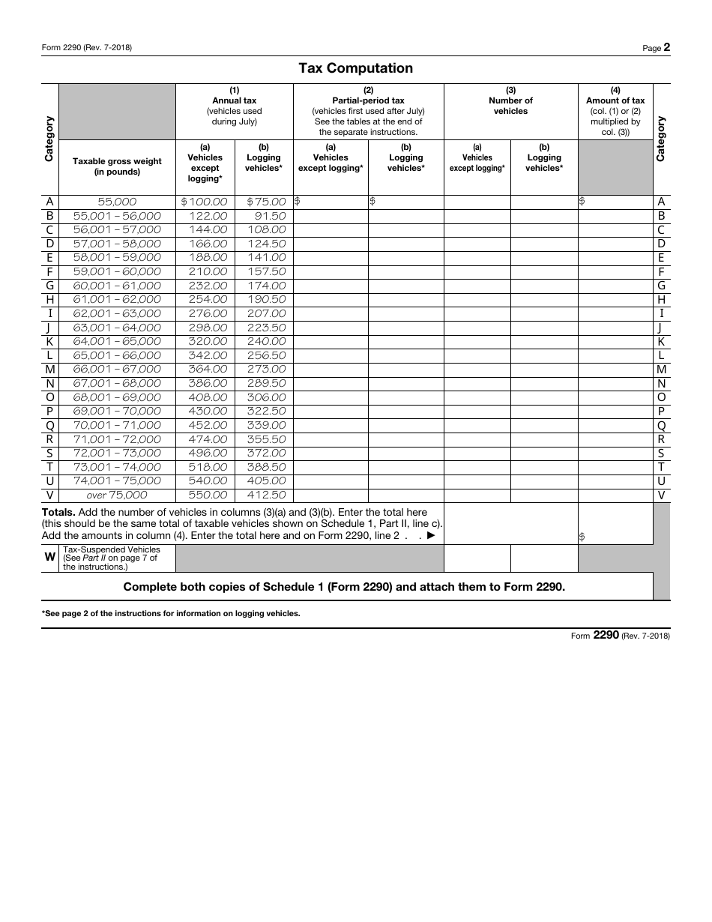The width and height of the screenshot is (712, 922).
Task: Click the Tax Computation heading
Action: pyautogui.click(x=355, y=68)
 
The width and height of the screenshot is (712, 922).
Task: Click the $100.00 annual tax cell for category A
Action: pyautogui.click(x=204, y=202)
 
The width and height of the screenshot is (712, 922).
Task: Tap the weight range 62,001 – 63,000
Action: pyautogui.click(x=116, y=313)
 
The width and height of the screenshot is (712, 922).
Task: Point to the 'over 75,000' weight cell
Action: pyautogui.click(x=116, y=495)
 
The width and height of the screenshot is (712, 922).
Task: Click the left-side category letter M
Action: pyautogui.click(x=50, y=370)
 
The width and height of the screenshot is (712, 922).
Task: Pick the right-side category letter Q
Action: pyautogui.click(x=661, y=426)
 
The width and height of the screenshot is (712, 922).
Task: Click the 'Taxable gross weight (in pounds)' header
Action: pyautogui.click(x=117, y=166)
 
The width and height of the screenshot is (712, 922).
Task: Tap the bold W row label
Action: pyautogui.click(x=50, y=557)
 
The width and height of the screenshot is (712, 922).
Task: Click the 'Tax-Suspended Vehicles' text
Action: pyautogui.click(x=112, y=549)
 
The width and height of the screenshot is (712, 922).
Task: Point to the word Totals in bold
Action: pyautogui.click(x=58, y=513)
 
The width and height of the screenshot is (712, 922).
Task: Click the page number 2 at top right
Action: pyautogui.click(x=666, y=47)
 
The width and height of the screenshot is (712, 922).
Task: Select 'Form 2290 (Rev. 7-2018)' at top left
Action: pyautogui.click(x=87, y=48)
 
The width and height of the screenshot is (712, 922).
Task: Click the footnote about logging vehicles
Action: pyautogui.click(x=171, y=613)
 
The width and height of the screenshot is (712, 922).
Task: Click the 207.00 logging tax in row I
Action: pyautogui.click(x=266, y=313)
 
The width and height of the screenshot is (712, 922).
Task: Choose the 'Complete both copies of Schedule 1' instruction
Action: pyautogui.click(x=344, y=587)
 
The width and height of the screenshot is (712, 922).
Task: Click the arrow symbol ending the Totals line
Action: pyautogui.click(x=430, y=535)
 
